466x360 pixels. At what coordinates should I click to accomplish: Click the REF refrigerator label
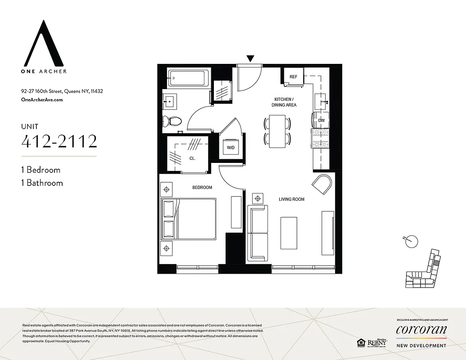(294, 76)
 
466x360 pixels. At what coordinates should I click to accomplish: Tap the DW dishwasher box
(321, 121)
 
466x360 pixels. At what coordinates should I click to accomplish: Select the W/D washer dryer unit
(230, 148)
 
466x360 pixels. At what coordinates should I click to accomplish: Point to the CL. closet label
(191, 158)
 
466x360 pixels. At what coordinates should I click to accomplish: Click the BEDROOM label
(203, 187)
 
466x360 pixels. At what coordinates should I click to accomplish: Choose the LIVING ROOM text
(292, 199)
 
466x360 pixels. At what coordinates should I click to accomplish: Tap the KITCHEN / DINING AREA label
(284, 102)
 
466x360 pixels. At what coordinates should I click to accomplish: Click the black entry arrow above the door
(250, 58)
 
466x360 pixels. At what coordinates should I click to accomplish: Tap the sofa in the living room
(258, 233)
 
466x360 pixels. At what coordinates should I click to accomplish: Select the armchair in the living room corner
(322, 184)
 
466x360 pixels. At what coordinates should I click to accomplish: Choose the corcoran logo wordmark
(421, 330)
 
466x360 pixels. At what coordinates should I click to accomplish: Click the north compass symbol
(411, 241)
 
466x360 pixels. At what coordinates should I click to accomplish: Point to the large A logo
(44, 42)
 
